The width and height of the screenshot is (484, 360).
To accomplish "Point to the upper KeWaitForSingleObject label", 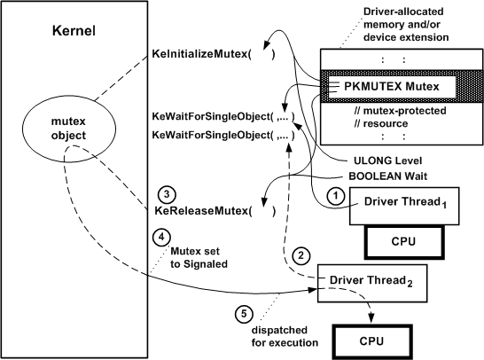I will [x=222, y=116].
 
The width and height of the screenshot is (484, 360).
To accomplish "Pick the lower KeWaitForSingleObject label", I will [x=222, y=135].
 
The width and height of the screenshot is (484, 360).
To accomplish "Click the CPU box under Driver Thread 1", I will [x=404, y=240].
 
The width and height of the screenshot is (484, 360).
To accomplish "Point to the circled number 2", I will [x=302, y=256].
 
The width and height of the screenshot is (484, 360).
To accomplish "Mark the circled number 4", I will [x=160, y=238].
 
